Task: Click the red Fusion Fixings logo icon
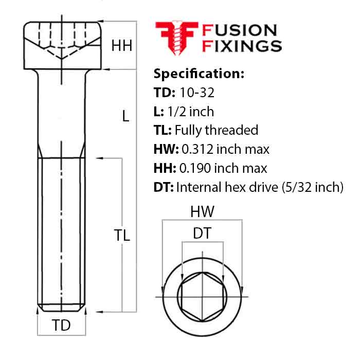pyautogui.click(x=173, y=39)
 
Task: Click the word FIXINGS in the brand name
pyautogui.click(x=242, y=46)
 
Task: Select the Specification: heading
pyautogui.click(x=199, y=74)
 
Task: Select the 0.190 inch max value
pyautogui.click(x=223, y=168)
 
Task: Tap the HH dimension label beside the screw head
pyautogui.click(x=122, y=46)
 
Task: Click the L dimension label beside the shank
pyautogui.click(x=125, y=117)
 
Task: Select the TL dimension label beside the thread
pyautogui.click(x=122, y=236)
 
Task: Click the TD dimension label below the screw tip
pyautogui.click(x=62, y=326)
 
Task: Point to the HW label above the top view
pyautogui.click(x=202, y=211)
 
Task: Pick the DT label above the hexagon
pyautogui.click(x=202, y=234)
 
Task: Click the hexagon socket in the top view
pyautogui.click(x=202, y=297)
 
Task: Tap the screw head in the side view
pyautogui.click(x=61, y=45)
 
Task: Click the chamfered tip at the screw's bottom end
pyautogui.click(x=62, y=308)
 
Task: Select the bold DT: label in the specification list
pyautogui.click(x=164, y=187)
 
